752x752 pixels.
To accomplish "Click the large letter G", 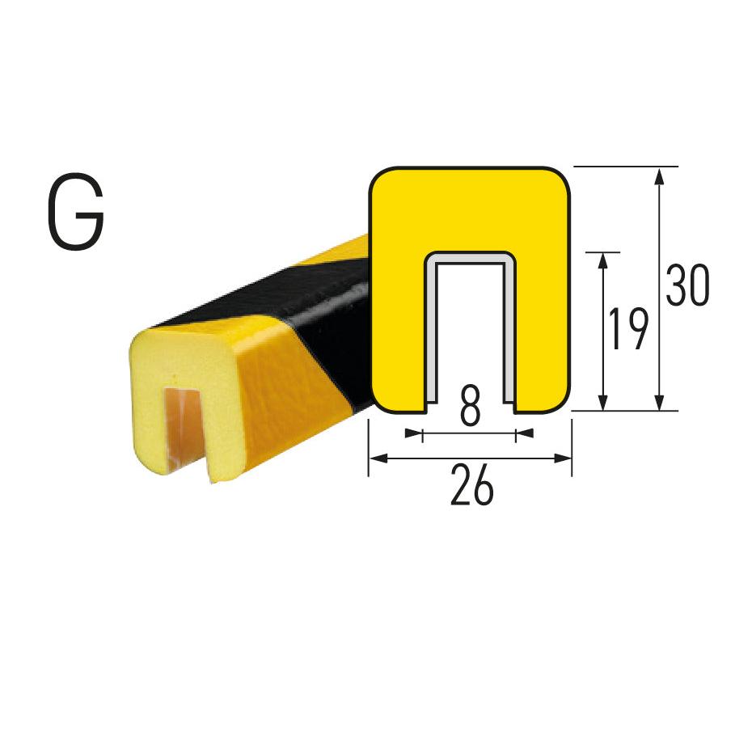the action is click(x=76, y=212).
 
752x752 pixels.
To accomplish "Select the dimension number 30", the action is click(x=687, y=285).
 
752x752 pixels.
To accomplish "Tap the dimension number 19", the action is click(x=628, y=329).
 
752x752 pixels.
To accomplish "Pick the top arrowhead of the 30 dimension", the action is click(x=660, y=176).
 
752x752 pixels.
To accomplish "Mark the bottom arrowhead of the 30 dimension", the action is click(x=660, y=401).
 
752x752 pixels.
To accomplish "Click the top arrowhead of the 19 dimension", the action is click(x=603, y=261).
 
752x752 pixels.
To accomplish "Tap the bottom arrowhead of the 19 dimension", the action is click(x=603, y=401).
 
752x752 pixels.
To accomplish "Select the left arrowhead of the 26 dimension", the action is click(x=379, y=458).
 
